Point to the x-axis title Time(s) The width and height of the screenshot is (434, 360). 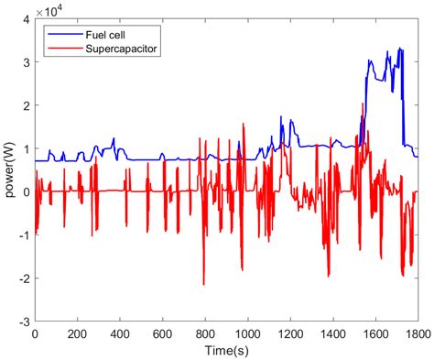click(226, 350)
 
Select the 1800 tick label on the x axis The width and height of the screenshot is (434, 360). click(417, 334)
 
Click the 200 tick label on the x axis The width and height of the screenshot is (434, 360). click(78, 334)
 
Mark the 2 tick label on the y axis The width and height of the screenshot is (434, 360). click(27, 105)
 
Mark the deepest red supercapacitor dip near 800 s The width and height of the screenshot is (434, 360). click(203, 285)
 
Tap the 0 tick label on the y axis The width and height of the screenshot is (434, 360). click(27, 192)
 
